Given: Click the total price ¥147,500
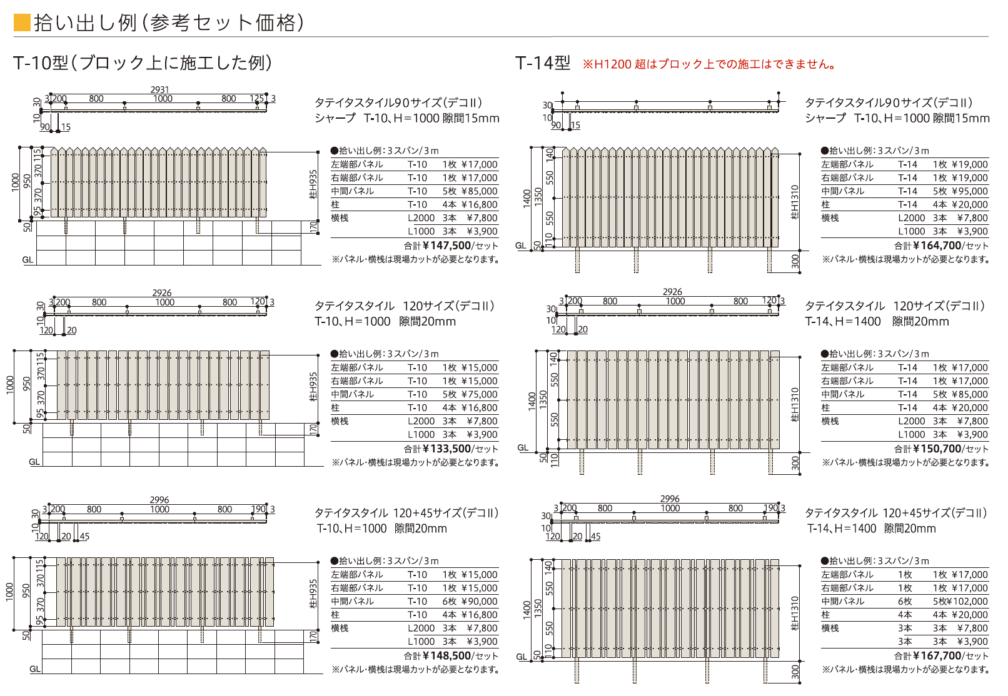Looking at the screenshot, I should coord(446,246).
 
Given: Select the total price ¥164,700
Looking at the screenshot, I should coord(937,246).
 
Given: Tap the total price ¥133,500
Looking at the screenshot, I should coord(446,449).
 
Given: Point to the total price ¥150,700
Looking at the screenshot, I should coord(937,449).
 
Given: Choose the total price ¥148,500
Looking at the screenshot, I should coord(446,656).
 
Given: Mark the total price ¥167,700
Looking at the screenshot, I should coord(937,656).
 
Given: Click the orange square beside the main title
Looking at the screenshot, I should coord(22,23).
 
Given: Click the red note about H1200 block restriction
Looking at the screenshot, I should coord(710,64).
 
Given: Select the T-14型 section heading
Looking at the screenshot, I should coord(543,63).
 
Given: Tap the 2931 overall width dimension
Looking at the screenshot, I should coord(159,90).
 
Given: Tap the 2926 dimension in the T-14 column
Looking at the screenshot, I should coord(672,292).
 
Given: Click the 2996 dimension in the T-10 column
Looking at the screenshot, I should coord(159,500).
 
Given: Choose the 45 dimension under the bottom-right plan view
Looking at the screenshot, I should coord(595,537).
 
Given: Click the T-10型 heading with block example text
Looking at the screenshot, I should coord(143,63).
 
